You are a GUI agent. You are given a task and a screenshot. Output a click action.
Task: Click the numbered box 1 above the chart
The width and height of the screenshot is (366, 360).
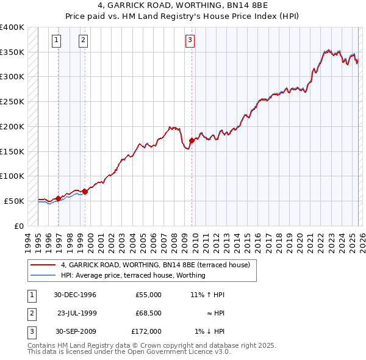(x=56, y=41)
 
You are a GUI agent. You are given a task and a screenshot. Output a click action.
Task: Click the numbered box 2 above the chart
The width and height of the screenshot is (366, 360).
(x=83, y=41)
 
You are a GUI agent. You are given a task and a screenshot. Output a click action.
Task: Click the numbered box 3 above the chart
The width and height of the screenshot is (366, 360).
(x=190, y=41)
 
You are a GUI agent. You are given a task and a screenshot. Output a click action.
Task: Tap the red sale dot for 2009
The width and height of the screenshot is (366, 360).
(x=192, y=140)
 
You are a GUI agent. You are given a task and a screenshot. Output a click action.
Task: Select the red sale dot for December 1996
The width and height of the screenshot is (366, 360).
(x=59, y=198)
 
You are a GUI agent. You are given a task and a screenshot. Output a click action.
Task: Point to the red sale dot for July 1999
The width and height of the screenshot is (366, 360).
(x=85, y=192)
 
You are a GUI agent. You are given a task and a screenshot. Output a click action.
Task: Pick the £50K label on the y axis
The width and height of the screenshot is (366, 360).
(x=14, y=201)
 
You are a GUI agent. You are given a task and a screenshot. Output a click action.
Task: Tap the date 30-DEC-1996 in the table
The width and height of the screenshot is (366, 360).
(x=74, y=295)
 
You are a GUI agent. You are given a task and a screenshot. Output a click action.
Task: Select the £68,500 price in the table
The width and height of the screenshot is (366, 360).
(x=148, y=313)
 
